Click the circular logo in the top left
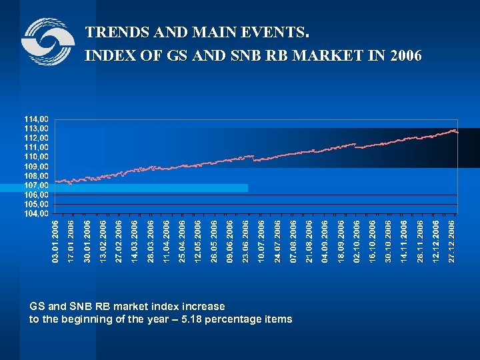[47, 41]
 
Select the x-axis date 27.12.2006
[451, 241]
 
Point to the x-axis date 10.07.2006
[261, 241]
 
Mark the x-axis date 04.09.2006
[325, 241]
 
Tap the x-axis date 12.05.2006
[198, 241]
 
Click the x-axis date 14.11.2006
[404, 241]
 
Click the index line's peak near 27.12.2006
[453, 130]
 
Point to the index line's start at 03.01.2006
[57, 181]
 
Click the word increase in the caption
[201, 307]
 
